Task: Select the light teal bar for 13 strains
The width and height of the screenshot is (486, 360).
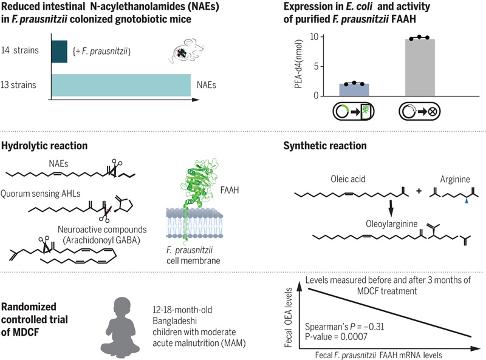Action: tap(120, 84)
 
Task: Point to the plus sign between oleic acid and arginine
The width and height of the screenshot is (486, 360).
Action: tap(419, 191)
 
